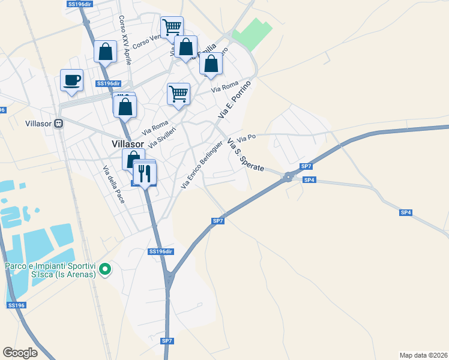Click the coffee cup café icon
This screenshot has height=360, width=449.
coord(71,80)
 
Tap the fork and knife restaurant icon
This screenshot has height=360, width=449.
coord(145,173)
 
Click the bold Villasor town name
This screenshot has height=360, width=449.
coord(127,144)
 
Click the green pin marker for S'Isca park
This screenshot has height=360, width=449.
coord(105,269)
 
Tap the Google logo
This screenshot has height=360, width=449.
coord(20,353)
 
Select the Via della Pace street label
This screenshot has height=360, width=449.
coord(112,185)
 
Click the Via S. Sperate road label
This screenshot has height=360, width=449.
coord(244,155)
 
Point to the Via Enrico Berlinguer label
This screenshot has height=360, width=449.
coord(202,165)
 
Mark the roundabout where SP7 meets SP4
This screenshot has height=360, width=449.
coord(289,176)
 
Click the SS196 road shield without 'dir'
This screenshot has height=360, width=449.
coord(16,305)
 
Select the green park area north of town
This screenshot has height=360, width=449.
coord(252,35)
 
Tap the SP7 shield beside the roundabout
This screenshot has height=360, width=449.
coord(306,166)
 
